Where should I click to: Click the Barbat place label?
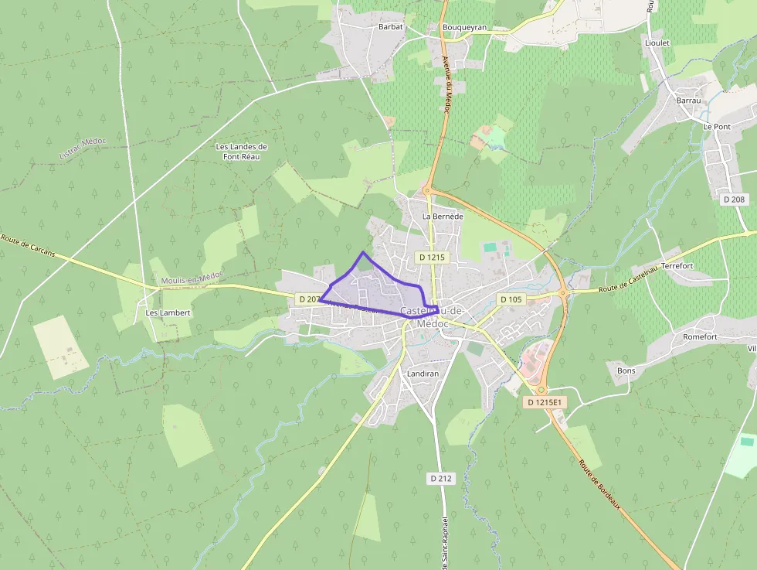(391, 26)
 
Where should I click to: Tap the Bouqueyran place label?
(464, 27)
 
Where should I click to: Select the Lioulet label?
(657, 43)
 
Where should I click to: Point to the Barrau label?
(687, 101)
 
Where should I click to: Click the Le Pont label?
(716, 125)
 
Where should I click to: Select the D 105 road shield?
(511, 299)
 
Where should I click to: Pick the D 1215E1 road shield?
(545, 402)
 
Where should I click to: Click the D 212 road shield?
(440, 479)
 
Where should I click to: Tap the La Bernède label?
(443, 217)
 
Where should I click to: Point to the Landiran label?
(423, 373)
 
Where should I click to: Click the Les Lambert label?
(168, 313)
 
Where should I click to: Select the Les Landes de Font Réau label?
(241, 152)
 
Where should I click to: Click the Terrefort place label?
(677, 266)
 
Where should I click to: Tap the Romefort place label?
(700, 337)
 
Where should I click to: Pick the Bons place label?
(626, 370)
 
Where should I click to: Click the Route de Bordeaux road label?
(599, 484)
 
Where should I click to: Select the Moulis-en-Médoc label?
(192, 278)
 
